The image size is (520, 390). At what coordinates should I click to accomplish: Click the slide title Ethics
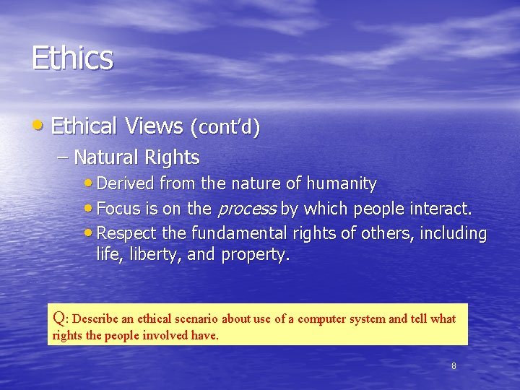tap(72, 58)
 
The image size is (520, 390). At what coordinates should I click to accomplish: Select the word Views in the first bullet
tap(155, 126)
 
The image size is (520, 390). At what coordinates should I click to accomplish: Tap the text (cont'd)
tap(225, 128)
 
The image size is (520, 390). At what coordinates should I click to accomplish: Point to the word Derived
tap(126, 184)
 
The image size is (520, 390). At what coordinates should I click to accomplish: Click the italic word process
tap(247, 209)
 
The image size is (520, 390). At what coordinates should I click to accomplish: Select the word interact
tap(438, 209)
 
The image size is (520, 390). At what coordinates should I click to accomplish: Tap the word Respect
tap(125, 234)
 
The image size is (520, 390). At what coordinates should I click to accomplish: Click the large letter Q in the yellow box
tap(60, 316)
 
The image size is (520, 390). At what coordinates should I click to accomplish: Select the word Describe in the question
tap(96, 318)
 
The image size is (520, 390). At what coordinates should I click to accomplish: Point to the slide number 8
tap(454, 366)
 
